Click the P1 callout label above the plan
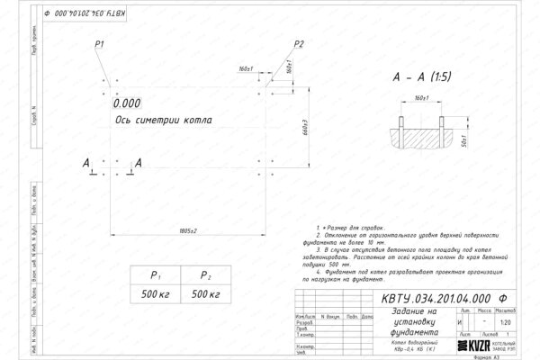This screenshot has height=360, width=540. click(x=100, y=44)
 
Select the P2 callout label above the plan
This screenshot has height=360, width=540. click(x=299, y=44)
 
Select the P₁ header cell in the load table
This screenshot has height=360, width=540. click(x=154, y=276)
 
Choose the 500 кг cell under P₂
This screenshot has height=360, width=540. click(x=204, y=295)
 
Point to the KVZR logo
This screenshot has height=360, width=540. click(x=480, y=345)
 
